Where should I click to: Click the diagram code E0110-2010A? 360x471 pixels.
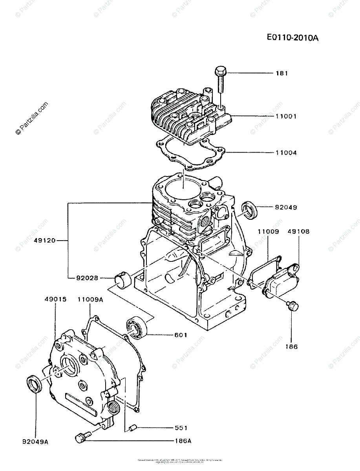[292, 38]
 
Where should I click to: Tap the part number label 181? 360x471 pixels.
[281, 73]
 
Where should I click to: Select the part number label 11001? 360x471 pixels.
[285, 116]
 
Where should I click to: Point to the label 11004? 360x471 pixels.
[285, 153]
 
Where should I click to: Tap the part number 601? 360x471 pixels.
[181, 335]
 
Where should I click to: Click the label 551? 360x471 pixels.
[181, 428]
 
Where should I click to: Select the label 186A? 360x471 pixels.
[183, 441]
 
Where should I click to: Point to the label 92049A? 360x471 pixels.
[35, 442]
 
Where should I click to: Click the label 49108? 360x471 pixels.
[298, 232]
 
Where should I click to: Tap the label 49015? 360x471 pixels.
[55, 299]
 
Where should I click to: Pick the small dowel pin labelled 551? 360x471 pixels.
[132, 427]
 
